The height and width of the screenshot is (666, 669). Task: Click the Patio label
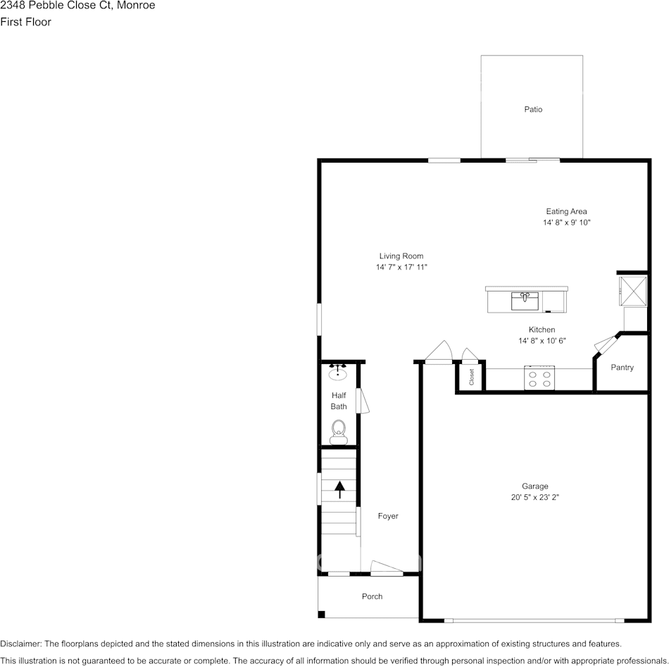533,109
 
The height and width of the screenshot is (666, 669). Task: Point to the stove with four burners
540,378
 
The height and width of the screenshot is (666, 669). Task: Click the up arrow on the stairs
339,489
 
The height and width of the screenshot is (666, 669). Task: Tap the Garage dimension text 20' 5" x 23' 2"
534,497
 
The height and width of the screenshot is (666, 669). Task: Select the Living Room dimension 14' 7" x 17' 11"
401,268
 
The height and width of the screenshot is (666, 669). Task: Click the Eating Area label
566,211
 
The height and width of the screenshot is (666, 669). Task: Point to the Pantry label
622,367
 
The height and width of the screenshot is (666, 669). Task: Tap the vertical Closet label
471,377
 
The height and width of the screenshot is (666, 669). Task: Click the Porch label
372,596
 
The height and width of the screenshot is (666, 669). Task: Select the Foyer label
388,516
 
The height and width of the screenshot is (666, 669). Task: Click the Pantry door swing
604,344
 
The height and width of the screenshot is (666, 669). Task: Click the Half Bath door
362,401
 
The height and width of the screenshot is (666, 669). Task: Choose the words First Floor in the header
26,22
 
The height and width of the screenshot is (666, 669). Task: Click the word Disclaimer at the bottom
21,643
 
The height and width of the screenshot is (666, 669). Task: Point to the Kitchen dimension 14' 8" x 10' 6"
542,341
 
